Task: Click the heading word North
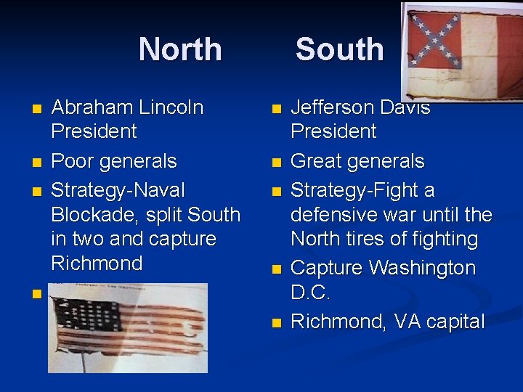180,49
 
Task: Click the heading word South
339,49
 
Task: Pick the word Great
317,160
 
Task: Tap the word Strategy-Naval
118,189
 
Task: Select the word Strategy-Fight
362,189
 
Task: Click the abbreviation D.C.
310,293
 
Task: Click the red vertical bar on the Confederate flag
508,48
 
